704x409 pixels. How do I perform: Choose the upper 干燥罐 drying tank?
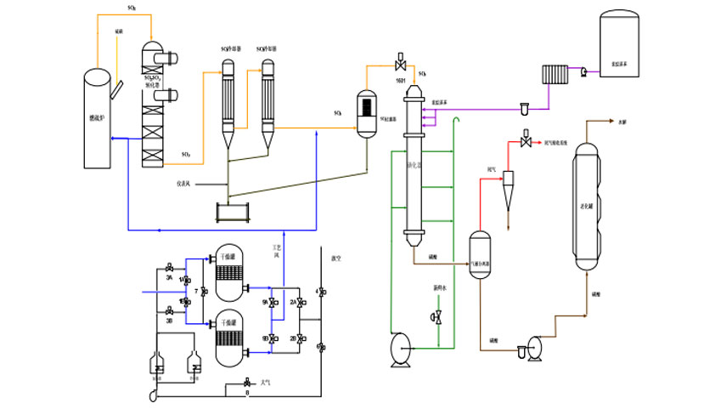tap(228, 271)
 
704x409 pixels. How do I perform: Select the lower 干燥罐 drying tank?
tap(228, 338)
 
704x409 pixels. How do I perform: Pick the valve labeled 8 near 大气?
tap(247, 383)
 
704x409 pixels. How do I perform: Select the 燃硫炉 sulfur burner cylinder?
tap(99, 119)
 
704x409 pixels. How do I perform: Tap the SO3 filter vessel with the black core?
tap(367, 111)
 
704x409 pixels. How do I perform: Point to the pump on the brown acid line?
tap(535, 347)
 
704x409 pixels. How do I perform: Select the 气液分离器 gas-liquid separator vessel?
tap(481, 256)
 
